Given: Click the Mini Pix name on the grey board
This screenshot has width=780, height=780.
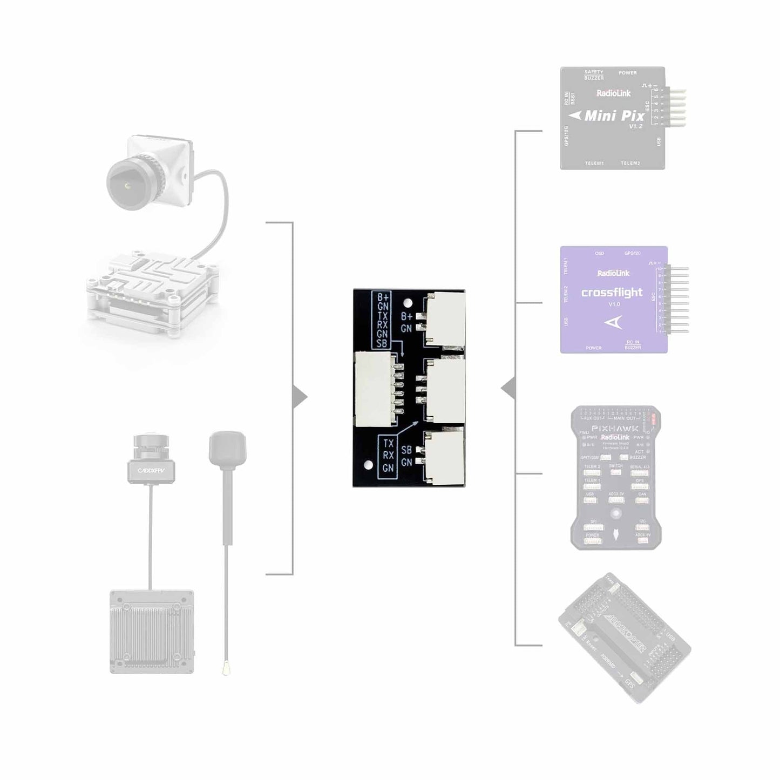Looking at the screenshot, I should [614, 116].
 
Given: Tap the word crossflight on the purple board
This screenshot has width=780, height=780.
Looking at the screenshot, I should [612, 293].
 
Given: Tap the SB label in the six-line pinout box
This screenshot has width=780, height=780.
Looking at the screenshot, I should [382, 343].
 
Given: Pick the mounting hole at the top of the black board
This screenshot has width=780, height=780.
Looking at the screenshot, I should [409, 303].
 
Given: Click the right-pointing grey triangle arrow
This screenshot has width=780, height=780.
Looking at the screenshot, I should [300, 398].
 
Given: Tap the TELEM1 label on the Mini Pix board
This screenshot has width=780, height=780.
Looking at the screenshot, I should [594, 163].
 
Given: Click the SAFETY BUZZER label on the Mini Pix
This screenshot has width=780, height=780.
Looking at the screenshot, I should [594, 75].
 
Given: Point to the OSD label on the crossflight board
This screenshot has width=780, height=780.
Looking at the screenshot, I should [599, 253].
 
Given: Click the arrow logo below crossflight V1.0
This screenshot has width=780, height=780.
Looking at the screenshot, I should [613, 323].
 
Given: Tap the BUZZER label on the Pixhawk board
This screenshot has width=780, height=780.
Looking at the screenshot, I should [637, 457].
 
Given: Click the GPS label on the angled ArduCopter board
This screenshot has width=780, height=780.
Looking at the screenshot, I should [629, 683].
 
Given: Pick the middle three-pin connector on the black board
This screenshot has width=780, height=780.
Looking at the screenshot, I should [445, 389].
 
